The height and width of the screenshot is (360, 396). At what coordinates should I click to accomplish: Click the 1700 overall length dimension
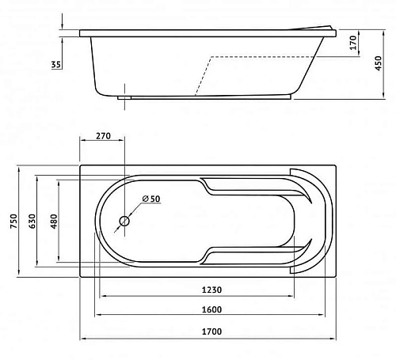pyautogui.click(x=211, y=332)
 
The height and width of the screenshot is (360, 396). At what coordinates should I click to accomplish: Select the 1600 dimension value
pyautogui.click(x=211, y=309)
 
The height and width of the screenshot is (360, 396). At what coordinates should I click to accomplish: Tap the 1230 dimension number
pyautogui.click(x=211, y=290)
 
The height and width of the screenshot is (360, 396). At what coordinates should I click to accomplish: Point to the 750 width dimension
pyautogui.click(x=13, y=221)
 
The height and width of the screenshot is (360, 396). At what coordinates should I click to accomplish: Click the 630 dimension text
pyautogui.click(x=32, y=221)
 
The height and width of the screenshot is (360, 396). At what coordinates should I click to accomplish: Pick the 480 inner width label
pyautogui.click(x=54, y=221)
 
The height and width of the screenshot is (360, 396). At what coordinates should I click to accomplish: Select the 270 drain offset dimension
pyautogui.click(x=103, y=136)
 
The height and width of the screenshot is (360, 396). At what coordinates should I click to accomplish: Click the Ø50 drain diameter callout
pyautogui.click(x=151, y=199)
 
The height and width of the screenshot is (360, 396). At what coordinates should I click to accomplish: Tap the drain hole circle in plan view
pyautogui.click(x=124, y=221)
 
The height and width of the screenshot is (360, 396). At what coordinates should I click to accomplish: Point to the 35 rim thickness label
pyautogui.click(x=55, y=64)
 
